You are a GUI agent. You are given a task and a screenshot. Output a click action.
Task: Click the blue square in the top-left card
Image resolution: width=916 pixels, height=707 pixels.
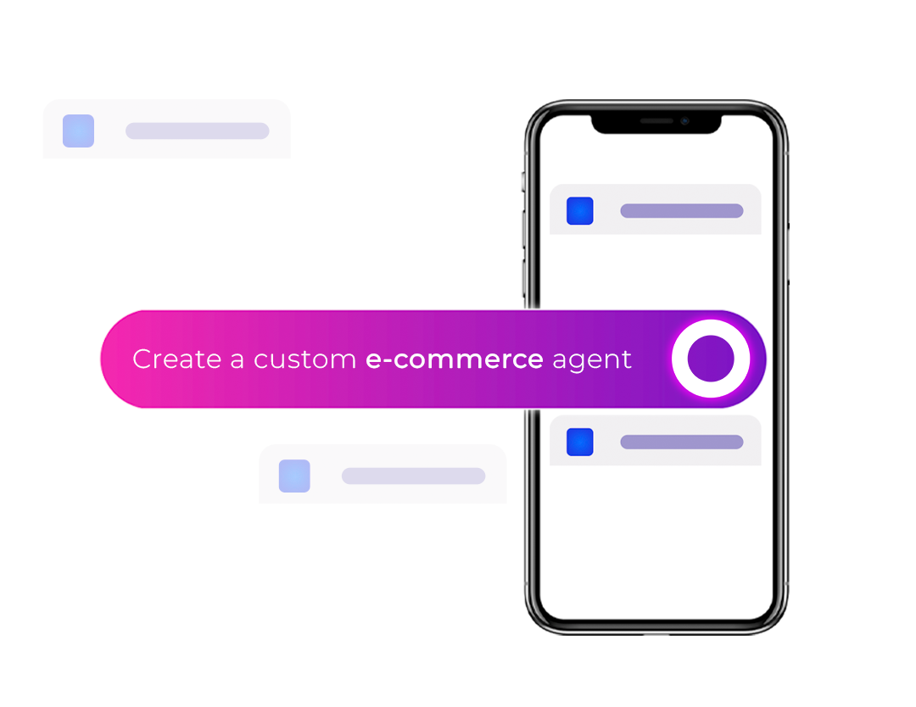pyautogui.click(x=78, y=131)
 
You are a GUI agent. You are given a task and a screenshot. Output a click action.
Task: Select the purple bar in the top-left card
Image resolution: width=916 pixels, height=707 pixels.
pyautogui.click(x=197, y=131)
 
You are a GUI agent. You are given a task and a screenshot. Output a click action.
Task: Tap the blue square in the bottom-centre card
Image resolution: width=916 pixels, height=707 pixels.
pyautogui.click(x=294, y=476)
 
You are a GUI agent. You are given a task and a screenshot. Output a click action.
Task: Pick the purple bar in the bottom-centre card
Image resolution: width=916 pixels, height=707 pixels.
pyautogui.click(x=413, y=476)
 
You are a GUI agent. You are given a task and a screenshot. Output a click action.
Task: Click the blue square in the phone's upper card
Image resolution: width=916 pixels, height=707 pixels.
pyautogui.click(x=580, y=210)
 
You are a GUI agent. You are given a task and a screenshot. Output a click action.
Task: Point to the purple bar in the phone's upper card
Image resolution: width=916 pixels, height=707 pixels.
pyautogui.click(x=681, y=210)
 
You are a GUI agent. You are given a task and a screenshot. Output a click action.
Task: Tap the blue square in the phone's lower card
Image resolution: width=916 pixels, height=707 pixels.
pyautogui.click(x=580, y=442)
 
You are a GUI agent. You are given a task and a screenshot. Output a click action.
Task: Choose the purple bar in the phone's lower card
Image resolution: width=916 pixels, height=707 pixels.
pyautogui.click(x=681, y=442)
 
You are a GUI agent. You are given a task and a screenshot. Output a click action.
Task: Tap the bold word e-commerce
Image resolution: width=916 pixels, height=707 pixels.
pyautogui.click(x=454, y=359)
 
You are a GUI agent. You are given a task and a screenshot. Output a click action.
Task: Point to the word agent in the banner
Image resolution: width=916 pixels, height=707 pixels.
pyautogui.click(x=592, y=360)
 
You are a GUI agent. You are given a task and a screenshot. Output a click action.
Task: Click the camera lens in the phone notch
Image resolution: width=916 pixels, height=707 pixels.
pyautogui.click(x=684, y=121)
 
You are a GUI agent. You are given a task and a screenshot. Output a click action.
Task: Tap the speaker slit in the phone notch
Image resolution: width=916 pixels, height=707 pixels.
pyautogui.click(x=656, y=121)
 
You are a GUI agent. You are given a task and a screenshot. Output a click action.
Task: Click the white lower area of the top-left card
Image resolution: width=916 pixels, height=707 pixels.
pyautogui.click(x=166, y=190)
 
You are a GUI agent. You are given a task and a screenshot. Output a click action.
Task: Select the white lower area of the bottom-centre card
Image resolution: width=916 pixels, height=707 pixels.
pyautogui.click(x=383, y=535)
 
